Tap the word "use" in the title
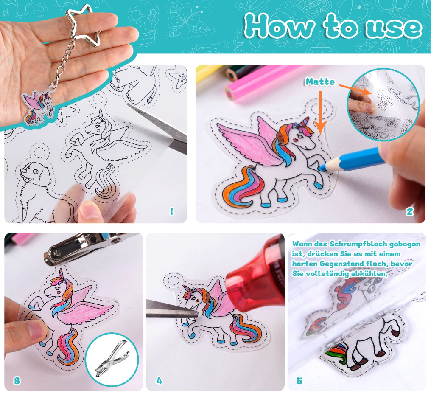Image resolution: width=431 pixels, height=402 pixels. coord(393,28)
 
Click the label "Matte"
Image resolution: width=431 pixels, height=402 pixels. coord(320,82)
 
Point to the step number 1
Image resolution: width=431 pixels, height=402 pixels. coord(171,211)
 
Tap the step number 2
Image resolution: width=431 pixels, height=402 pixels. coord(410,211)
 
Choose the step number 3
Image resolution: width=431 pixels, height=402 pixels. coord(17,381)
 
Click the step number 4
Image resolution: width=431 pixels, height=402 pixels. coord(159,381)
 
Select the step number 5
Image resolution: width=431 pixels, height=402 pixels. coord(299,381)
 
